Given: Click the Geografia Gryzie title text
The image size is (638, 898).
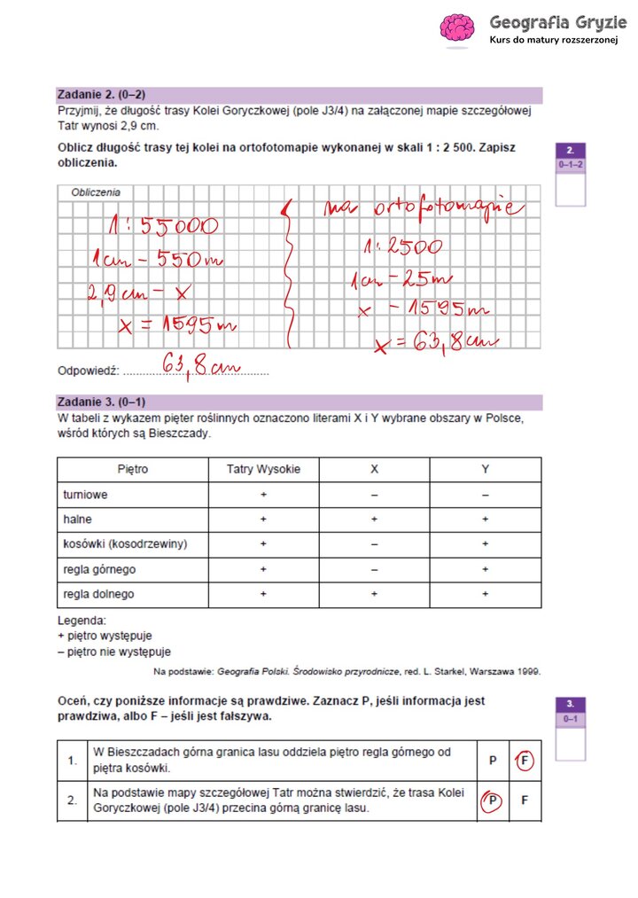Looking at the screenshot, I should click(558, 22).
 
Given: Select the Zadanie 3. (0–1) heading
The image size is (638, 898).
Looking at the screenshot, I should click(101, 401).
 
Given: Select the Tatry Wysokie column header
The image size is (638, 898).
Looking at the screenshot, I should click(263, 469).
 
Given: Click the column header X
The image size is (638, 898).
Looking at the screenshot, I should click(374, 469).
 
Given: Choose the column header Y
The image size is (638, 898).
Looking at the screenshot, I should click(485, 469).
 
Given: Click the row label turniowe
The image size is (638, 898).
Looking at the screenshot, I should click(85, 494).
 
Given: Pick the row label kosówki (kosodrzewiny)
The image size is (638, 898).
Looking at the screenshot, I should click(125, 543).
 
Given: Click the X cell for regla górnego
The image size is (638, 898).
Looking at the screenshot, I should click(374, 568).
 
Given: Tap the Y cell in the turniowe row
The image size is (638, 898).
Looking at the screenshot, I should click(485, 494).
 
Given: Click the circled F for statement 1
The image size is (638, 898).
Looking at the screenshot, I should click(525, 761).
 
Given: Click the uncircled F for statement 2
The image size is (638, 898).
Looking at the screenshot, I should click(525, 800).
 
